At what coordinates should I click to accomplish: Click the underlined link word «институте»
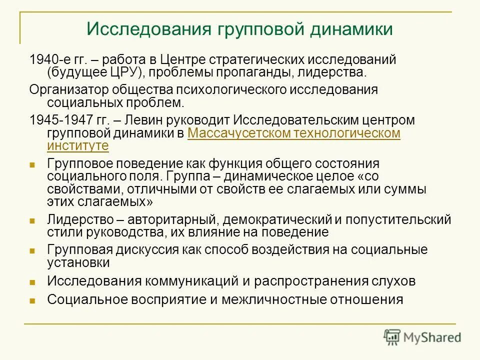[77, 145]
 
